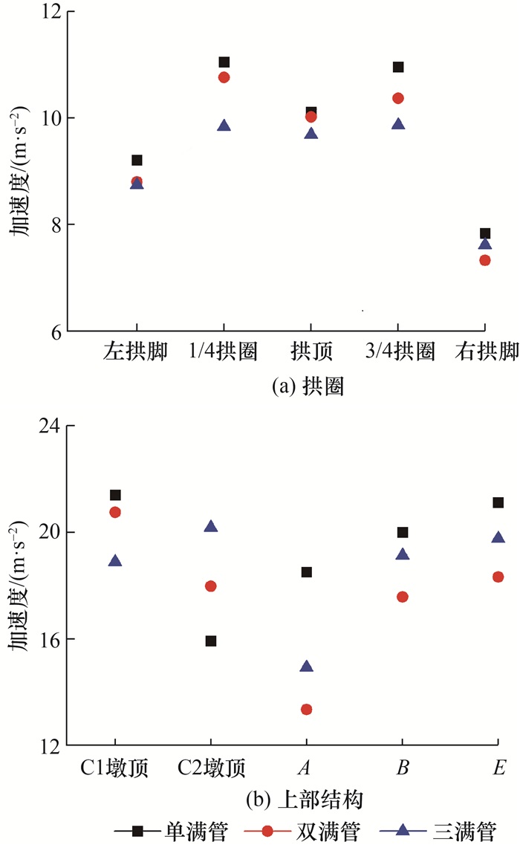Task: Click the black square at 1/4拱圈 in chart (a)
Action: tap(224, 62)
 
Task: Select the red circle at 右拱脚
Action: tap(485, 260)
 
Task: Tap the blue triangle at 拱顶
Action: tap(311, 134)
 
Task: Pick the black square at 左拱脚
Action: tap(137, 161)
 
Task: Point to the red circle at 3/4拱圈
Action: tap(398, 98)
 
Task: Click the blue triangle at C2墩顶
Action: tap(211, 526)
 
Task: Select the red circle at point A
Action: tap(307, 710)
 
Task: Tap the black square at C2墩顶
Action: tap(211, 641)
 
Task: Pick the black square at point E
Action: tap(498, 503)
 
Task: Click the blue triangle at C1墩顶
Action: tap(115, 560)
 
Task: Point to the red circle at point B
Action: tap(403, 597)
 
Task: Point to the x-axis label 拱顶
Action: tap(311, 353)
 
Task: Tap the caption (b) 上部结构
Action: tap(307, 801)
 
